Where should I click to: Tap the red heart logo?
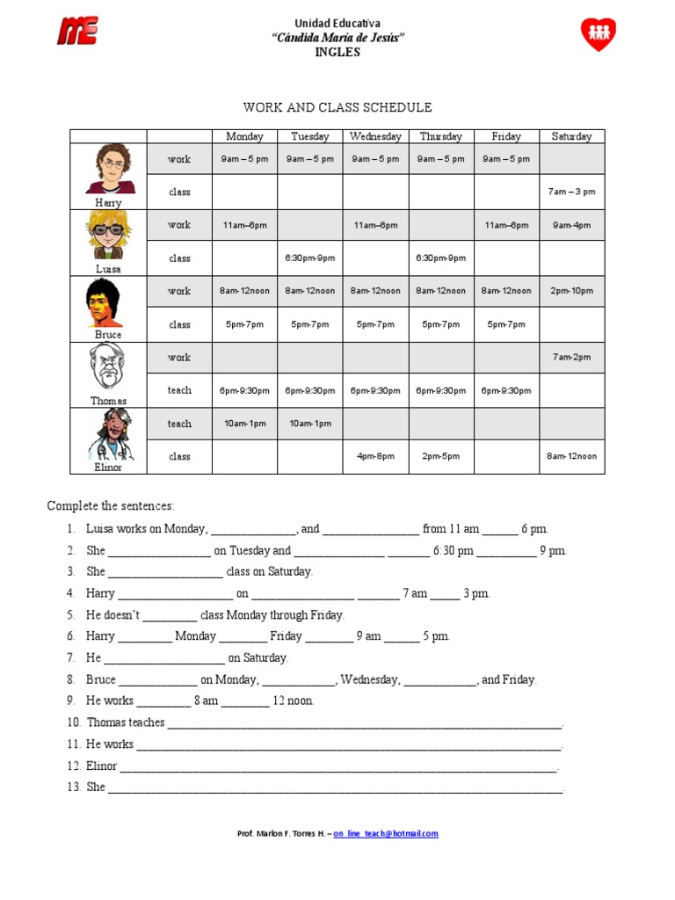click(x=598, y=33)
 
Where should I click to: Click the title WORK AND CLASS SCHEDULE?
click(x=337, y=107)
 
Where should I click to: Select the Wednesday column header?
click(x=375, y=136)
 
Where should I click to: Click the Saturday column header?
click(x=571, y=136)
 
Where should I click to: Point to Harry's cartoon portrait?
click(x=110, y=169)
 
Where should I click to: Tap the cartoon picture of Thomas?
click(x=108, y=367)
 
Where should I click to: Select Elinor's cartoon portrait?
click(x=110, y=434)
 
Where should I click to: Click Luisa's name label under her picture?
click(x=108, y=269)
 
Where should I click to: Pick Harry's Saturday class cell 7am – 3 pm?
click(x=571, y=192)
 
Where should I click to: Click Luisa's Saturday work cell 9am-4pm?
click(x=571, y=225)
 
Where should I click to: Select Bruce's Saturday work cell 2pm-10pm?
click(x=571, y=291)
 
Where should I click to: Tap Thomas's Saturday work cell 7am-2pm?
click(x=571, y=357)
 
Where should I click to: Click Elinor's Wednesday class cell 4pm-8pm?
click(x=375, y=456)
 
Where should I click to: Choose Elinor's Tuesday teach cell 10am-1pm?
click(x=310, y=424)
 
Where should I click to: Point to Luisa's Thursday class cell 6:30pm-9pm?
click(x=441, y=258)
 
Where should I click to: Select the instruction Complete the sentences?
click(x=111, y=505)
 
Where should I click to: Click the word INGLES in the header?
click(x=337, y=52)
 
